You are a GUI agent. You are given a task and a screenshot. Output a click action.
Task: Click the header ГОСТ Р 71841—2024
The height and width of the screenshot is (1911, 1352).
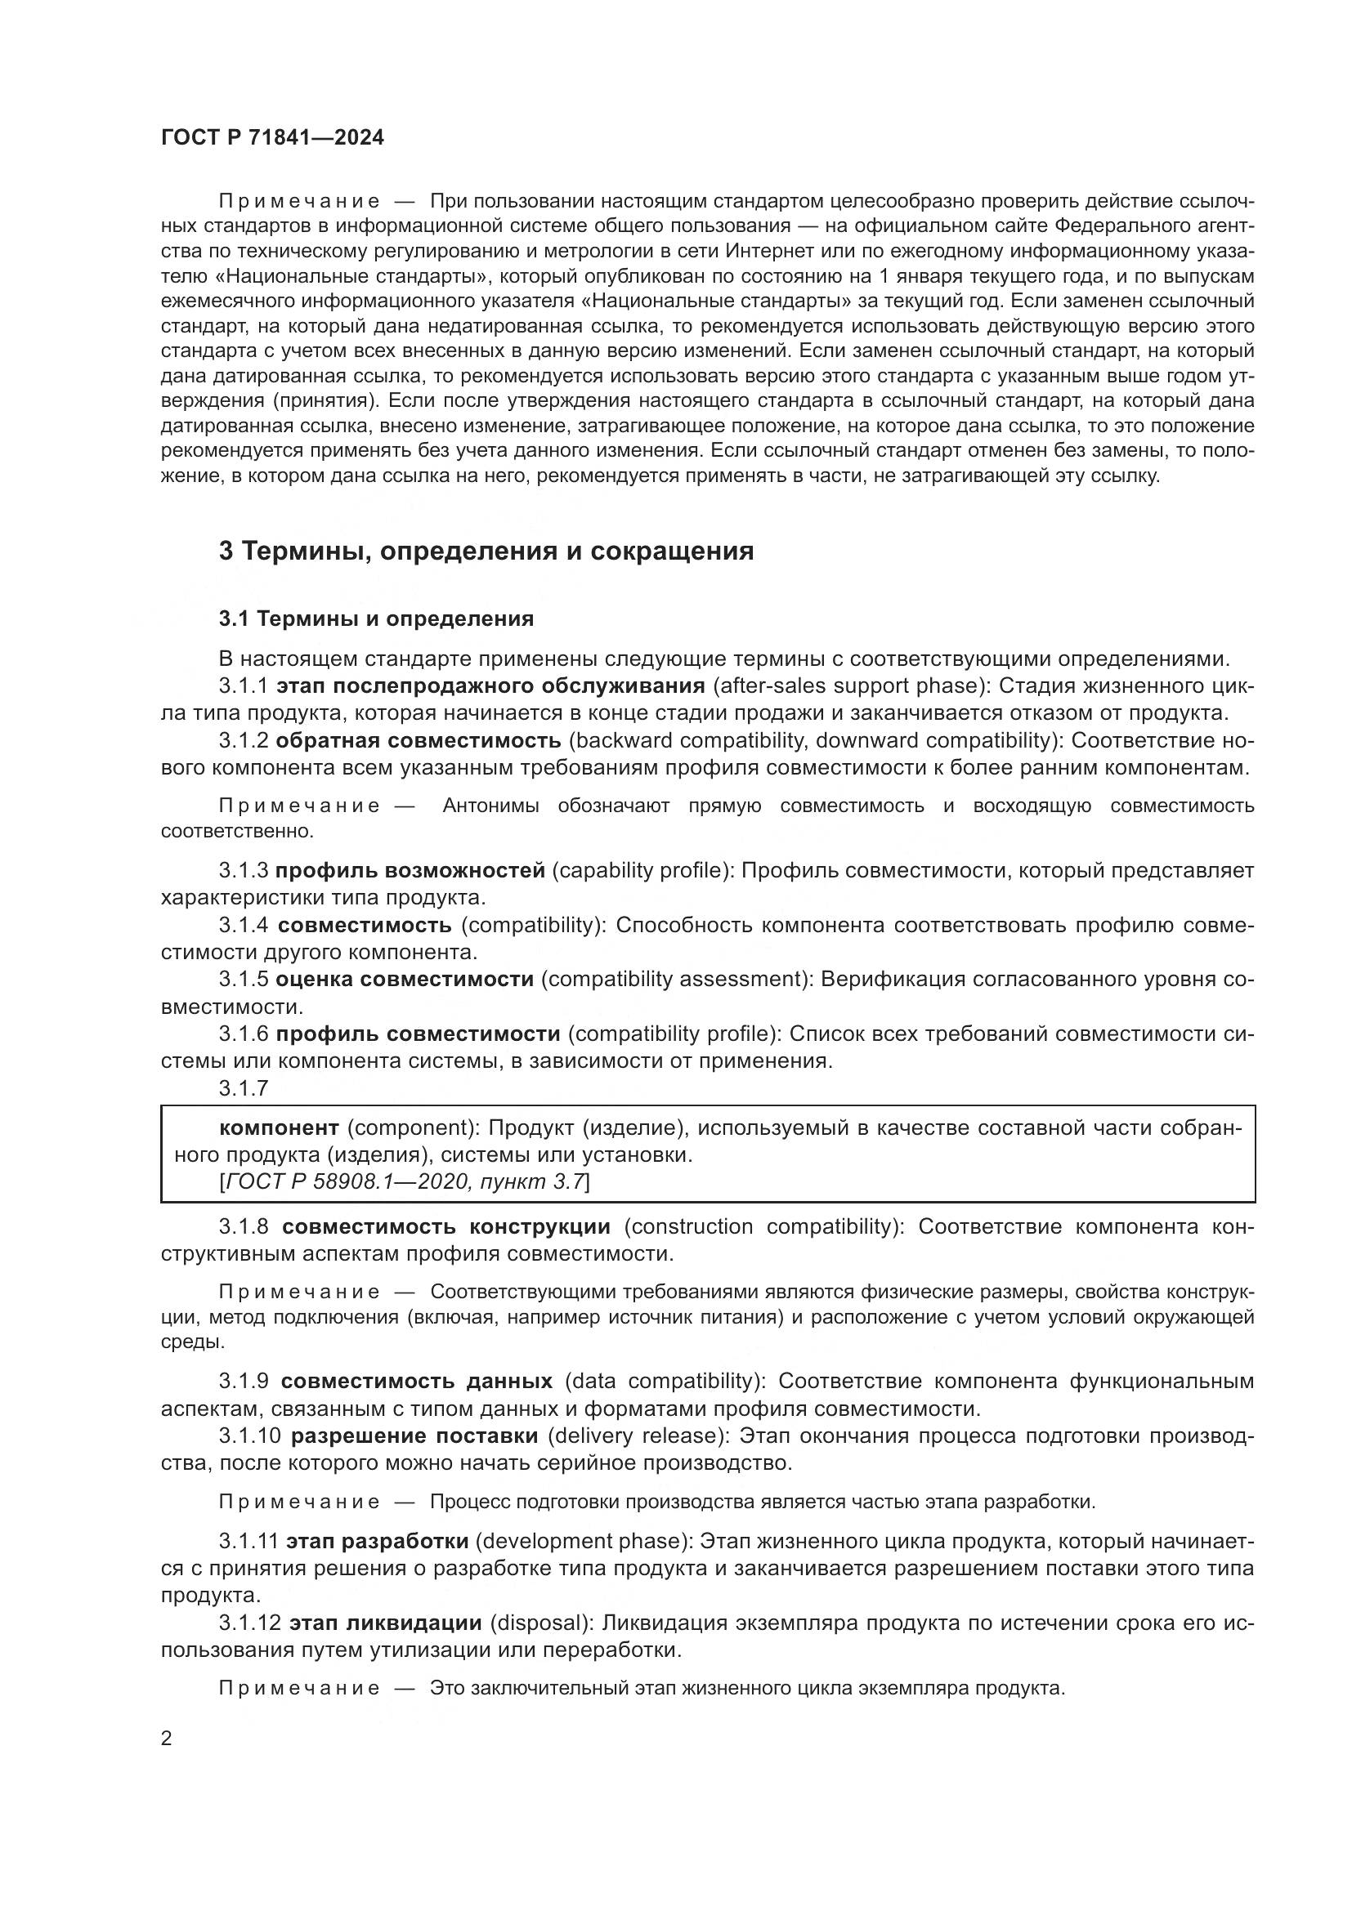click(272, 138)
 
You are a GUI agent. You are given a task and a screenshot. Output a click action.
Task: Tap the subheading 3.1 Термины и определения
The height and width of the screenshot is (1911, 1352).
click(376, 618)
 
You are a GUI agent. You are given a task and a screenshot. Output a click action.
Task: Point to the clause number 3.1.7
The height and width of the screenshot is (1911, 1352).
click(243, 1087)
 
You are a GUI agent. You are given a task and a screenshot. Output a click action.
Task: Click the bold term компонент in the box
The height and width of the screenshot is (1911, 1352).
click(279, 1127)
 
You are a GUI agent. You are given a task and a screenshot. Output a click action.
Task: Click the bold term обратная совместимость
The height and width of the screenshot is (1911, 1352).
click(418, 740)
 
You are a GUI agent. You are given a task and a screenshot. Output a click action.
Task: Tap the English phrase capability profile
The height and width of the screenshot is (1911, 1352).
click(640, 871)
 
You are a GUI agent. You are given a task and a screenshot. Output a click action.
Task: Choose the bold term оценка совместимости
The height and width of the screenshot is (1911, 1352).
click(405, 979)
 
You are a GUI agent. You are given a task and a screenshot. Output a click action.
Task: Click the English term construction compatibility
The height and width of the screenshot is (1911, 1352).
click(762, 1226)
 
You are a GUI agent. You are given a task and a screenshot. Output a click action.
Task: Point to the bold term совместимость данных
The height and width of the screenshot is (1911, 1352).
click(416, 1381)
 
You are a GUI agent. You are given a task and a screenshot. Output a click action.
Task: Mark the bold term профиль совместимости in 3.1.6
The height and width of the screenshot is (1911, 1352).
click(418, 1034)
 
